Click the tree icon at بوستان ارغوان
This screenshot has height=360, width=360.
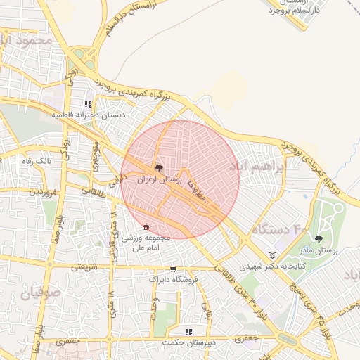click(159, 168)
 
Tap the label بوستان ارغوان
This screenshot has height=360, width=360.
click(159, 180)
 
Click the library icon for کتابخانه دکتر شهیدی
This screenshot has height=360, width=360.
click(273, 255)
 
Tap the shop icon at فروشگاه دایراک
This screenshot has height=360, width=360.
click(173, 269)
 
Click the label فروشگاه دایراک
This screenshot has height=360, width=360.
click(174, 279)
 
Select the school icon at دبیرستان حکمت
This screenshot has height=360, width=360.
click(188, 331)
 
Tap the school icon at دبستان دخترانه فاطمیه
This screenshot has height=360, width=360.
click(89, 103)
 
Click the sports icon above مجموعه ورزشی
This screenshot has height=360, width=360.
click(146, 226)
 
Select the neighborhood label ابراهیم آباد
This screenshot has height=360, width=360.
click(259, 167)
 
